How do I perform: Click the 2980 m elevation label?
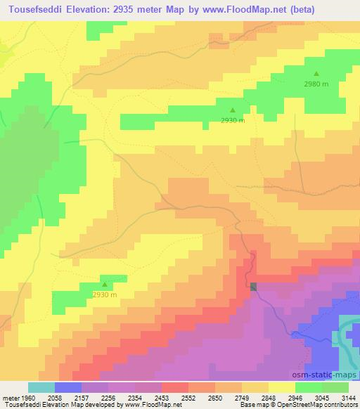point(316,84)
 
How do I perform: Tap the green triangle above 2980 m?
point(316,73)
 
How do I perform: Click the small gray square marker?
point(254,286)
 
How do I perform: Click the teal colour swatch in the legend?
point(41,387)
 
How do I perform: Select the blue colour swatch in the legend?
point(68,387)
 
